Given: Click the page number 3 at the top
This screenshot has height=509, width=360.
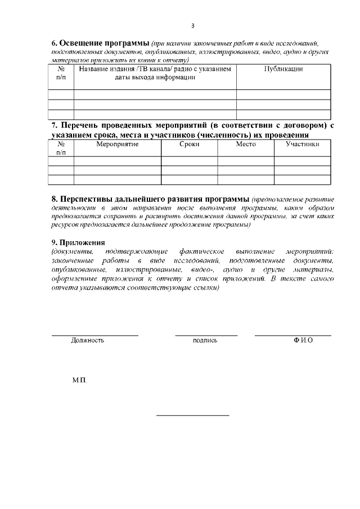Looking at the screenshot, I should (x=193, y=26).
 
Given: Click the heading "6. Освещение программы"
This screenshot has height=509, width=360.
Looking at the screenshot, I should (x=100, y=43).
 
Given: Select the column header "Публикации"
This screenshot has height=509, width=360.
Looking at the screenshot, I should (x=283, y=69).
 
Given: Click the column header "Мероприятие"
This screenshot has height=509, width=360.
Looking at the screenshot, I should (x=117, y=144).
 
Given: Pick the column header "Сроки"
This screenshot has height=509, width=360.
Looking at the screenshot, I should (x=189, y=144).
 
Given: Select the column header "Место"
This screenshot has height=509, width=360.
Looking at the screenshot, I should (x=245, y=144).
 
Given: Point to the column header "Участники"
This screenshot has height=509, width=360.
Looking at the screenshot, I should (x=302, y=144).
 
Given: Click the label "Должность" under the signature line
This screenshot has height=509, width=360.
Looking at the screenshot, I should (x=87, y=340).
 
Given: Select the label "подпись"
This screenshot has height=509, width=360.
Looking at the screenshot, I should (x=205, y=340).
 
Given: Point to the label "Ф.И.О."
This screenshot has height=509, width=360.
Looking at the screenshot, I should (x=303, y=340).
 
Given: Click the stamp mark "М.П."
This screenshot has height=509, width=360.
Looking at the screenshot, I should (x=79, y=381).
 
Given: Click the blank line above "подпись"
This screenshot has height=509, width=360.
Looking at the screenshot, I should (x=206, y=335).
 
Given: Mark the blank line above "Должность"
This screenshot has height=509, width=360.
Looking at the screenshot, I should (x=94, y=335).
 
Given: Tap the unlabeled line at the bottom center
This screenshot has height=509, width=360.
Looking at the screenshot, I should (x=192, y=416).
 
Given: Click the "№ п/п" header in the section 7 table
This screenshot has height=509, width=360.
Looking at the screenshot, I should (x=61, y=148).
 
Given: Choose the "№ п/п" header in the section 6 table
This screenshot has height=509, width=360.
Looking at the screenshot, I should (x=61, y=73).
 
